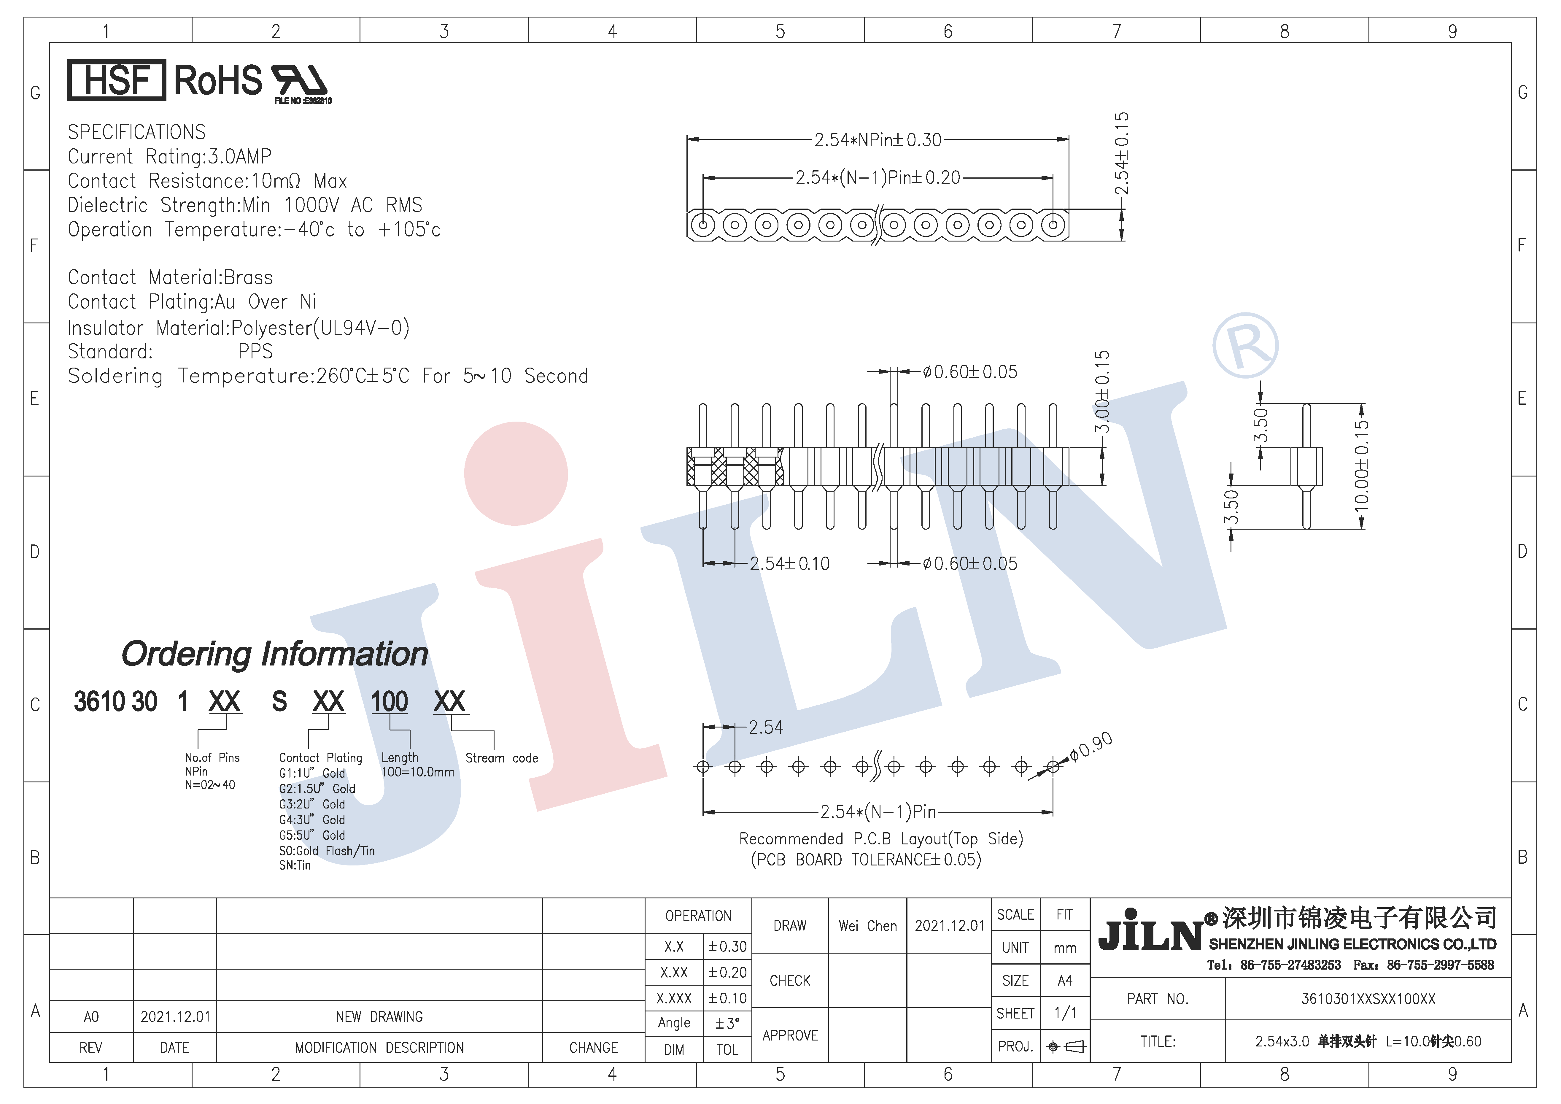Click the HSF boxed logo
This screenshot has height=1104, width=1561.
click(116, 80)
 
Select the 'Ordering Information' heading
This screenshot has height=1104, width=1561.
click(275, 654)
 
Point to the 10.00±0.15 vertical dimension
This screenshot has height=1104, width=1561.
click(1361, 466)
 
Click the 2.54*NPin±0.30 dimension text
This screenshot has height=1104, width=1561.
click(878, 140)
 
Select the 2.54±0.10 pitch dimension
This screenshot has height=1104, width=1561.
click(789, 563)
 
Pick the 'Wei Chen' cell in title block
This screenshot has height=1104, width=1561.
click(867, 926)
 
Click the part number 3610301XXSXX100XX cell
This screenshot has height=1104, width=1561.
click(1368, 999)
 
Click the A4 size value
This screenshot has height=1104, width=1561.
click(1065, 980)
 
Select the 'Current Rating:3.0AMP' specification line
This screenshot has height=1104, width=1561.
click(169, 156)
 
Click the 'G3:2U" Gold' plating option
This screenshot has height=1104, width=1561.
click(312, 804)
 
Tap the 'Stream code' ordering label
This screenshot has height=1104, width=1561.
click(502, 758)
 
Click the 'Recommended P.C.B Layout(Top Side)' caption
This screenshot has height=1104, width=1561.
click(881, 839)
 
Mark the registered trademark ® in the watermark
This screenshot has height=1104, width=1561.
click(1246, 345)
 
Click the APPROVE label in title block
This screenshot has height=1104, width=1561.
click(790, 1035)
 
